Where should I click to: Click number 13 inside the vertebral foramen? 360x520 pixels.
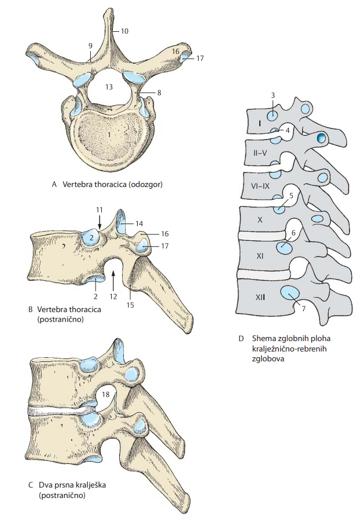tap(109, 87)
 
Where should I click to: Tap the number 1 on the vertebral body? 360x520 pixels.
tap(109, 134)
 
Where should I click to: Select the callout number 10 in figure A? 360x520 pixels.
tap(124, 31)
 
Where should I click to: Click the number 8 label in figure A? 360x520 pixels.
tap(159, 93)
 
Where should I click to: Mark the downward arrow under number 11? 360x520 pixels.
tap(100, 222)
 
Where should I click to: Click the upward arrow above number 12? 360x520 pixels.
tap(113, 278)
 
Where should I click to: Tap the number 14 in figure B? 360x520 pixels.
tap(139, 224)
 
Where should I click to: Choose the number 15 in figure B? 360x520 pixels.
tap(130, 305)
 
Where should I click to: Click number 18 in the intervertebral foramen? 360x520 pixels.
tap(106, 394)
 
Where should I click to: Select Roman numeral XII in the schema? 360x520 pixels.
tap(260, 297)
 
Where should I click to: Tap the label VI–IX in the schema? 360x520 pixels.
tap(260, 186)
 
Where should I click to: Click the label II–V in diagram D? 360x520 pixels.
tap(260, 153)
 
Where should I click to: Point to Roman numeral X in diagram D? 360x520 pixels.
tap(260, 219)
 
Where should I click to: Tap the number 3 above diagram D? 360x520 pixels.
tap(273, 96)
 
